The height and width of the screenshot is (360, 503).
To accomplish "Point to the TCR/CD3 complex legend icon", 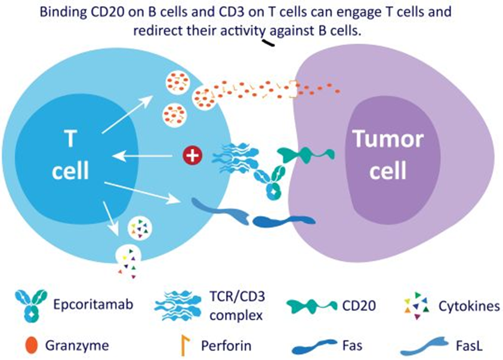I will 180,304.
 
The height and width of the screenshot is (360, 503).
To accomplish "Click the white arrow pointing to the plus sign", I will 149,156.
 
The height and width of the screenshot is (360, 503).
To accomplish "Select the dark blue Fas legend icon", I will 316,344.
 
